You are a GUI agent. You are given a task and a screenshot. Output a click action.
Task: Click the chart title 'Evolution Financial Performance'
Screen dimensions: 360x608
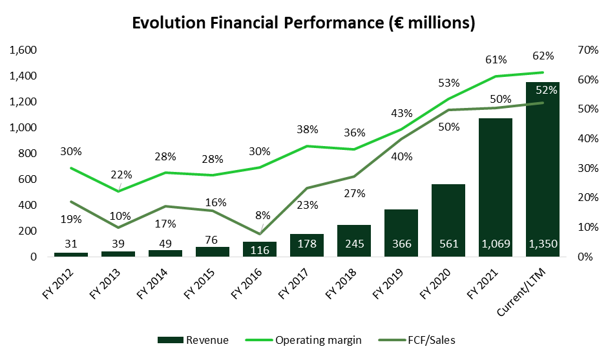coord(304,23)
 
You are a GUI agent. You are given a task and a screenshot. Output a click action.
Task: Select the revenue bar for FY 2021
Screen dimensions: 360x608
coord(496,187)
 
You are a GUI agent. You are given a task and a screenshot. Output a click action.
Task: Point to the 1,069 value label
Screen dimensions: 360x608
coord(496,244)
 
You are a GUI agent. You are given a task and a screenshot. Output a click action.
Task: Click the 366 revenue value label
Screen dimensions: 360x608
coord(401,244)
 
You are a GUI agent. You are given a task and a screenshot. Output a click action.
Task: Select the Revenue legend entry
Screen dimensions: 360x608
coord(194,340)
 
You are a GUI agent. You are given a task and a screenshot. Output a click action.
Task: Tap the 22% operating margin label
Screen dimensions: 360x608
coord(121,175)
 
